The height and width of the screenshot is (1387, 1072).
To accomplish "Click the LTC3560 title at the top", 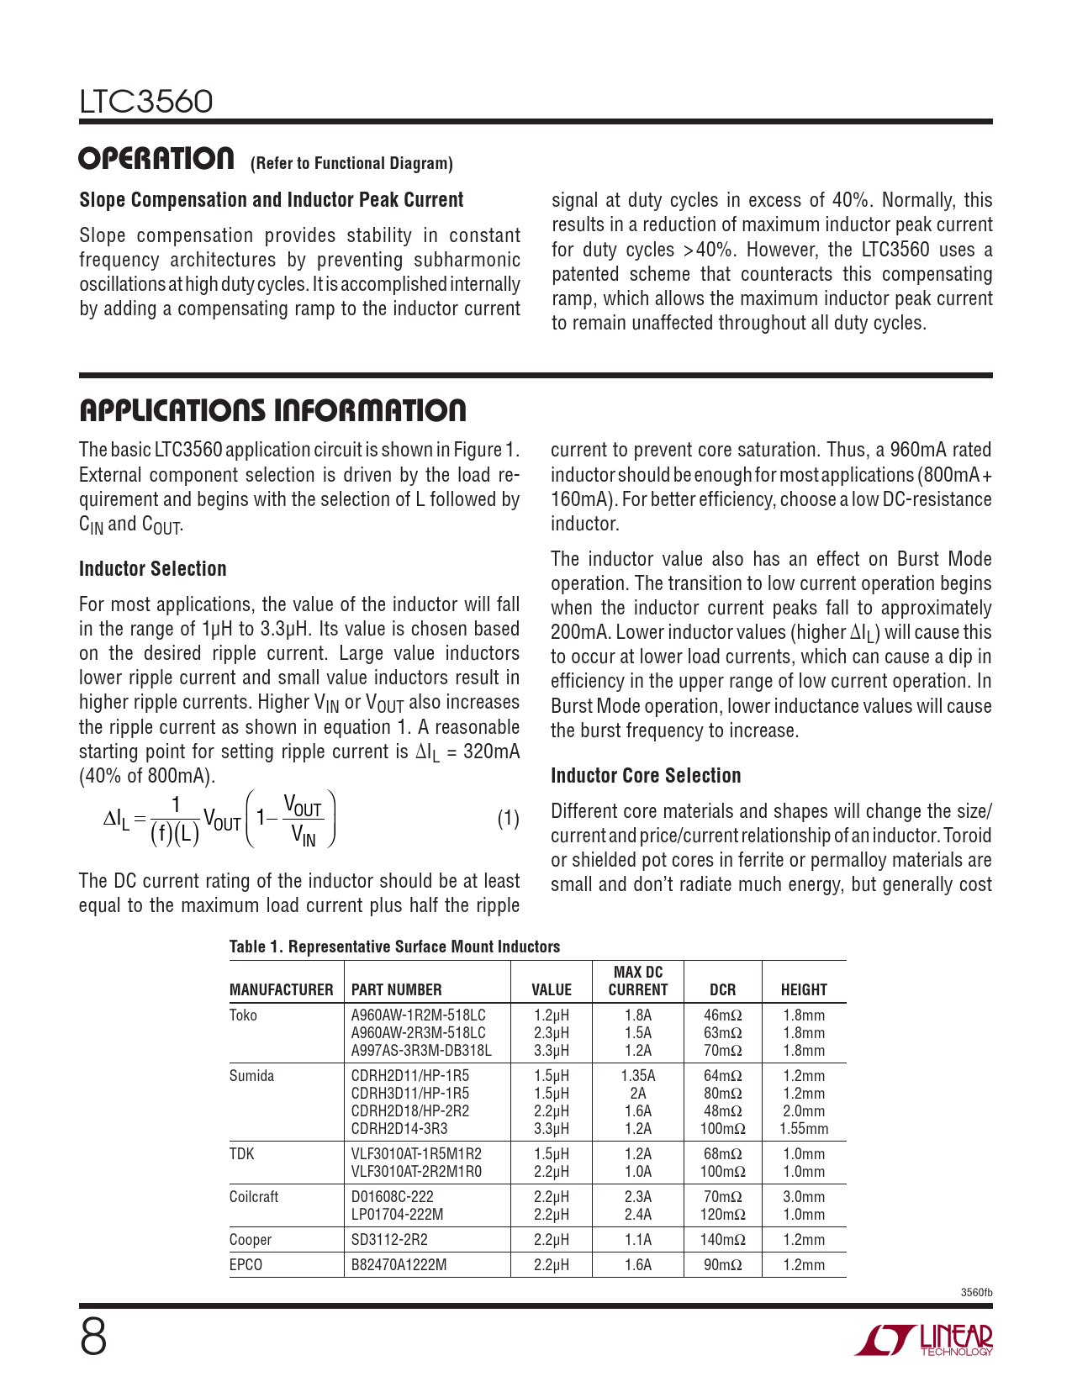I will pyautogui.click(x=146, y=102).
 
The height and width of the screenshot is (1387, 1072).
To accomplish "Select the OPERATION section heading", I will pyautogui.click(x=156, y=159).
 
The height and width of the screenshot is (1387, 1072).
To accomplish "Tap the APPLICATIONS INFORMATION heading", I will pyautogui.click(x=272, y=410).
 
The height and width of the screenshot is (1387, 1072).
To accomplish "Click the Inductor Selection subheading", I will pyautogui.click(x=153, y=569).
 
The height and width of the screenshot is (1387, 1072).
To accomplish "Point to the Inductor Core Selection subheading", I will pyautogui.click(x=646, y=776).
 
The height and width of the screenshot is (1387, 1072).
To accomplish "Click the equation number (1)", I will pyautogui.click(x=508, y=819).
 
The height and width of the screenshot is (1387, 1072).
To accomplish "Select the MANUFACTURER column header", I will pyautogui.click(x=281, y=989).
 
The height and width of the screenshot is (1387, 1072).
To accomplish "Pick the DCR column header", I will pyautogui.click(x=722, y=989).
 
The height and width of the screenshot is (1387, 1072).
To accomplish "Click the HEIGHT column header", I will pyautogui.click(x=804, y=989).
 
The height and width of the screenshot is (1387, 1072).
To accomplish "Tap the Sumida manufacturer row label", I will pyautogui.click(x=251, y=1076).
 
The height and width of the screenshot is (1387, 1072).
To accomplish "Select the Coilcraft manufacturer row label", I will pyautogui.click(x=254, y=1197).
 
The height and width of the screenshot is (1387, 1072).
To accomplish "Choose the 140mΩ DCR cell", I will pyautogui.click(x=722, y=1240).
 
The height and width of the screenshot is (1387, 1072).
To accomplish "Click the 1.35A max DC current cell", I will pyautogui.click(x=638, y=1076).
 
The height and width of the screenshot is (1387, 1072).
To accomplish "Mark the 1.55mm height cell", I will pyautogui.click(x=804, y=1129).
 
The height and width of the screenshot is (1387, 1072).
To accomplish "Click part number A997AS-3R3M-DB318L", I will pyautogui.click(x=421, y=1051).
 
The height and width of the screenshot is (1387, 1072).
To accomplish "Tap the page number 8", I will pyautogui.click(x=93, y=1337).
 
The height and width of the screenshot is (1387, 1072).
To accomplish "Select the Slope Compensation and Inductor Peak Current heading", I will pyautogui.click(x=272, y=200).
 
